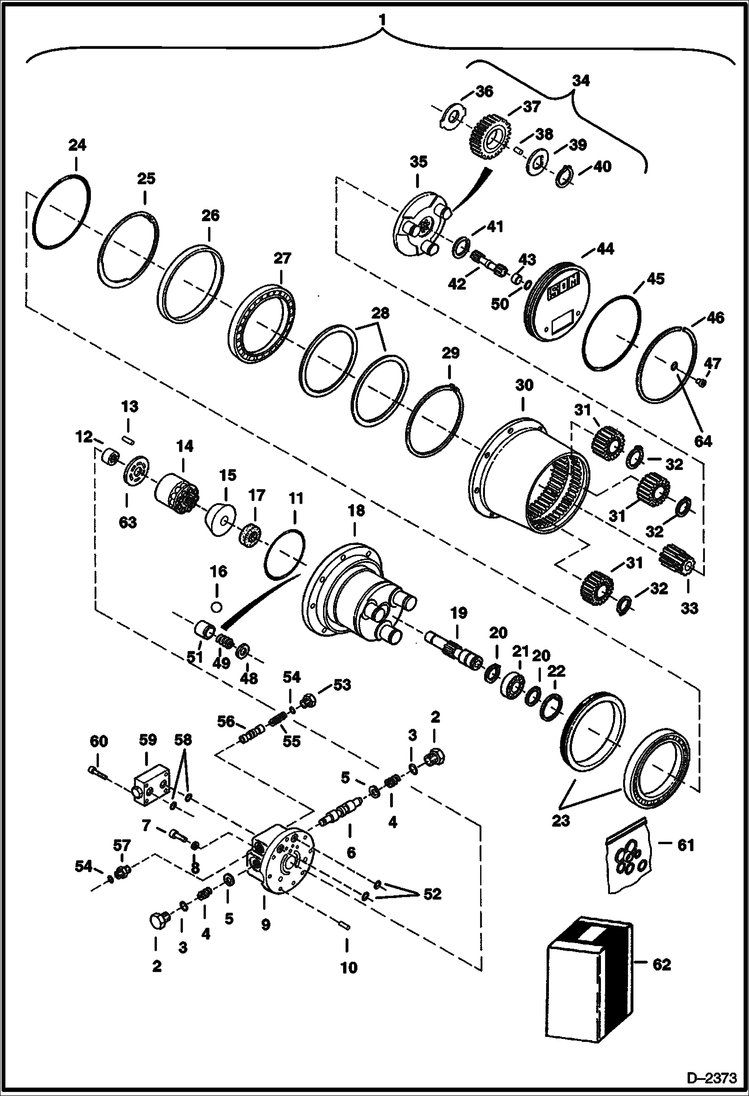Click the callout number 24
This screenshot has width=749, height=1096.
(77, 145)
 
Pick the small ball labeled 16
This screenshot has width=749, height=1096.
(216, 606)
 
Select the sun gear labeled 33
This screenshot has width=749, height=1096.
(678, 560)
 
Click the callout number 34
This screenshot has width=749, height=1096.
(580, 80)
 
